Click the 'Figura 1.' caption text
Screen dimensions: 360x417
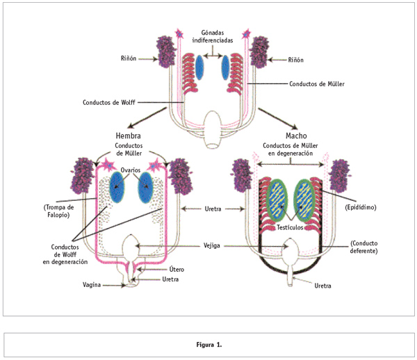click(208, 345)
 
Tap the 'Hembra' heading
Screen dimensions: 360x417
click(127, 135)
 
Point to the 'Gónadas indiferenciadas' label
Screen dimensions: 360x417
click(213, 36)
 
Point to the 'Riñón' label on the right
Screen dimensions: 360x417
click(296, 60)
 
